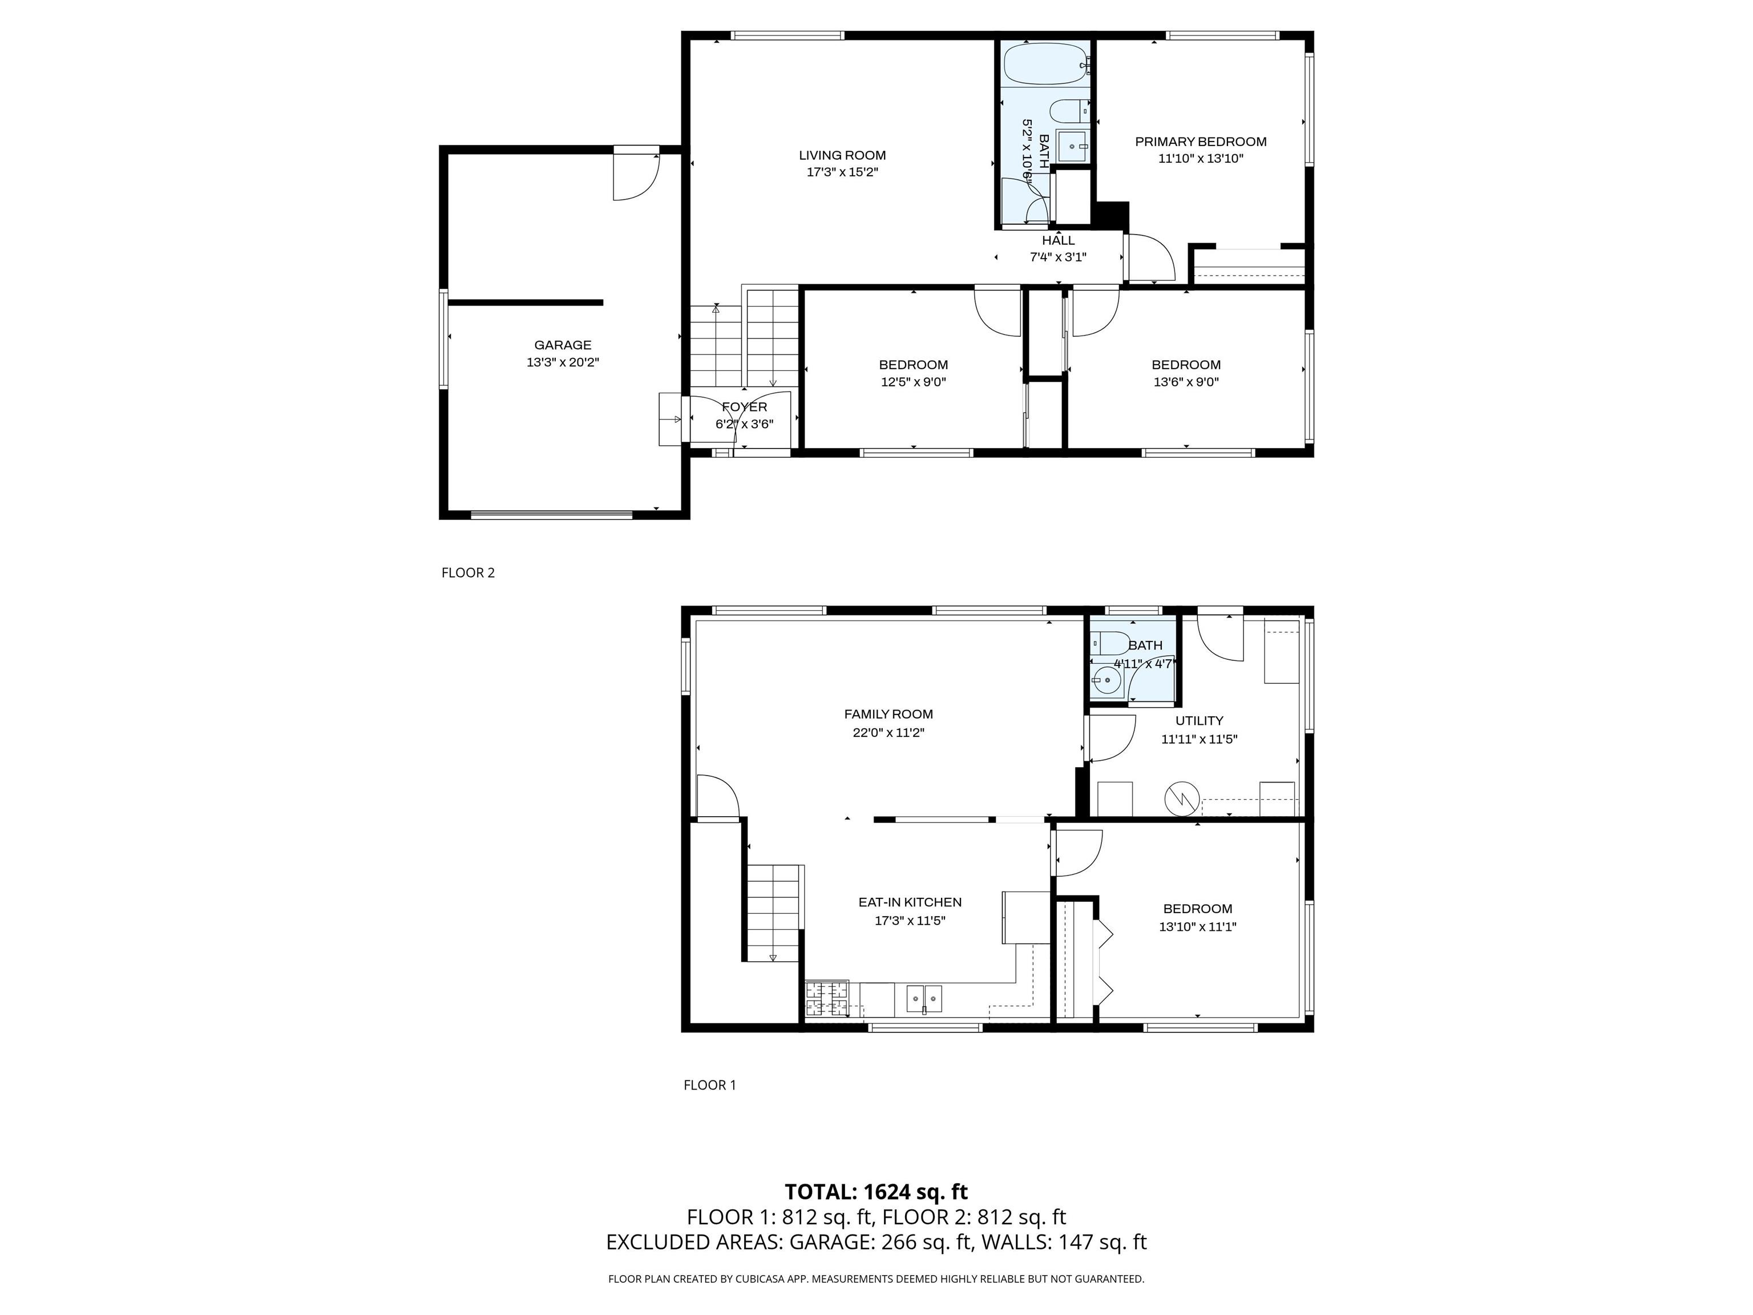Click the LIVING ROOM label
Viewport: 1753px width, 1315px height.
[842, 155]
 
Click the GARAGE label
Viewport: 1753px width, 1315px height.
[562, 345]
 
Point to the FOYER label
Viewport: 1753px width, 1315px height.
[744, 406]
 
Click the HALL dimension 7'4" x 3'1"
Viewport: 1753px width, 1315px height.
[1057, 257]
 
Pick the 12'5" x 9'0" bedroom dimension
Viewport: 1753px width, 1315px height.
[913, 382]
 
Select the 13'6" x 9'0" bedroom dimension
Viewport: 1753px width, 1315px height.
[1186, 382]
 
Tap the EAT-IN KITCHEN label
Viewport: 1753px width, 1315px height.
[910, 902]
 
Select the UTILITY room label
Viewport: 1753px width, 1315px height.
[1199, 720]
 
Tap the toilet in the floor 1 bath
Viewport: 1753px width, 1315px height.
[1111, 643]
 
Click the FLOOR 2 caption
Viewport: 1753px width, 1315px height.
[467, 572]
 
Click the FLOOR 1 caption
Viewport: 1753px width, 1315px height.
[709, 1085]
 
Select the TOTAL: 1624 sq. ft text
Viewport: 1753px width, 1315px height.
[876, 1191]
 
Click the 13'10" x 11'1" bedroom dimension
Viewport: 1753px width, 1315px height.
[1197, 926]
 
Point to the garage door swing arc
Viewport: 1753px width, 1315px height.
[638, 181]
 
